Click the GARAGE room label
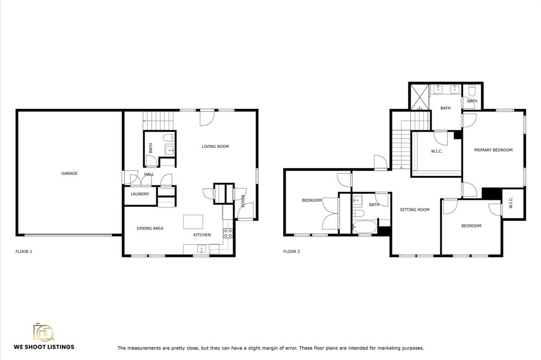[x=69, y=173]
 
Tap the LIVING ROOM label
[x=216, y=146]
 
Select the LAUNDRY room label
[x=139, y=194]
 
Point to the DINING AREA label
[x=150, y=228]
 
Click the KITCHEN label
[x=202, y=235]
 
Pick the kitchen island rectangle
[x=193, y=221]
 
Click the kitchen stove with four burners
[x=228, y=233]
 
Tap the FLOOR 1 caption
[x=24, y=251]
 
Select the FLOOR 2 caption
[x=292, y=251]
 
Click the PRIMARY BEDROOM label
[x=493, y=150]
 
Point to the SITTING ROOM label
[x=414, y=209]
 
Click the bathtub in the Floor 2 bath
[x=365, y=227]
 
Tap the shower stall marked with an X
[x=419, y=97]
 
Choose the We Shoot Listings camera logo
[x=43, y=332]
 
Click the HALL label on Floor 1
[x=149, y=174]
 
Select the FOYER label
[x=243, y=201]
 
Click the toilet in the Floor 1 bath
[x=169, y=138]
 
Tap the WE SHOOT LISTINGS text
[x=44, y=347]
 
